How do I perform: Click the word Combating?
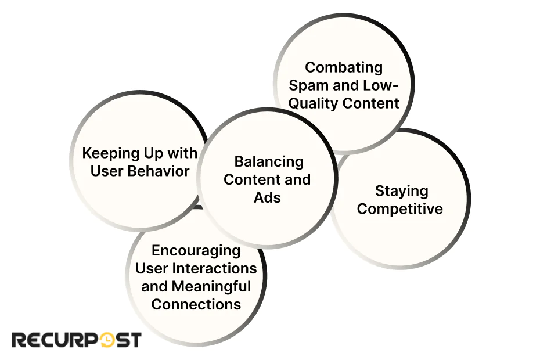point(344,67)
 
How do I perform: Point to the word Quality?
point(314,103)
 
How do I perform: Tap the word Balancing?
point(268,161)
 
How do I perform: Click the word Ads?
point(267,197)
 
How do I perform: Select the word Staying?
point(401,190)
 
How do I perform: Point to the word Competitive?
point(399,208)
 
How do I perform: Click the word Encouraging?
point(196,250)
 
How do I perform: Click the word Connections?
point(196,304)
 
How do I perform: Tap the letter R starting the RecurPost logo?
point(19,340)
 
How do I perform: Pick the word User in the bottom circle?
point(152,268)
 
